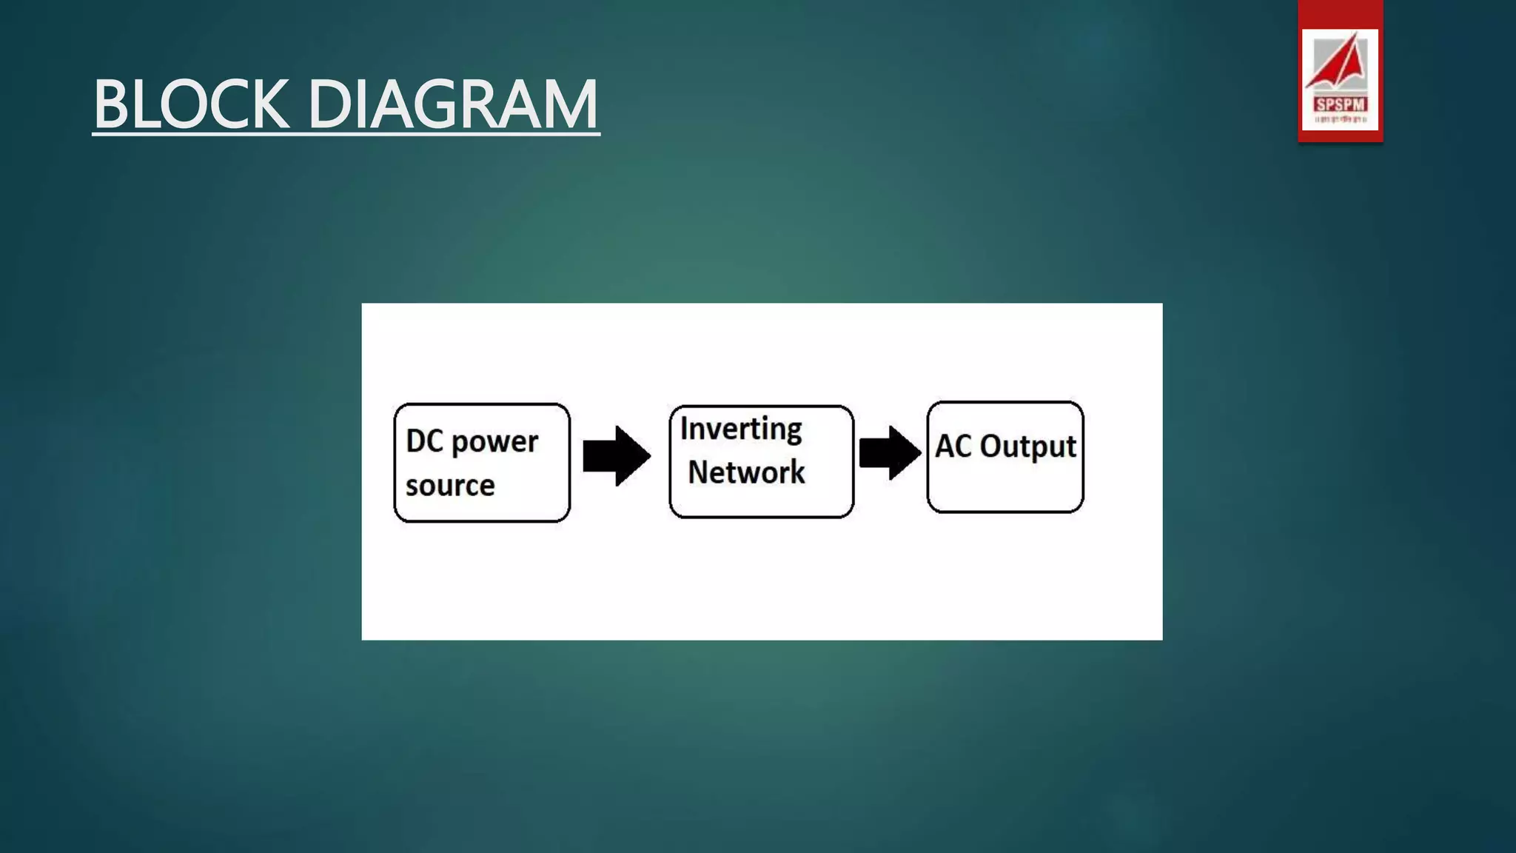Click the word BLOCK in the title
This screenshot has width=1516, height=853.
coord(191,104)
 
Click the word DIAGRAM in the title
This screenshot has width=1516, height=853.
coord(452,104)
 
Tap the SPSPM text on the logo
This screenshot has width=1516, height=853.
coord(1340,104)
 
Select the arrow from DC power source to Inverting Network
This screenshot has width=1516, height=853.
coord(616,455)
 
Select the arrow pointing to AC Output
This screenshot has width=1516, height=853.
coord(890,452)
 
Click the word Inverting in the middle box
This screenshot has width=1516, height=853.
coord(740,429)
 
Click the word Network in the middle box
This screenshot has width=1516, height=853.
coord(746,472)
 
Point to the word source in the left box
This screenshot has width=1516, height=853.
coord(450,486)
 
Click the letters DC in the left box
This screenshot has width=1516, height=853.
coord(424,441)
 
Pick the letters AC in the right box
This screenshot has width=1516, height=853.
coord(953,446)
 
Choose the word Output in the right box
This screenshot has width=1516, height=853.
coord(1027,446)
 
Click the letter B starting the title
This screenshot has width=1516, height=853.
coord(113,104)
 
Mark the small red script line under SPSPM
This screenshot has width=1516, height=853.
coord(1340,119)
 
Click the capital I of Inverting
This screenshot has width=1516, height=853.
coord(684,428)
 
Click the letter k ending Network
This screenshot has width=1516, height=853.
coord(796,472)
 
